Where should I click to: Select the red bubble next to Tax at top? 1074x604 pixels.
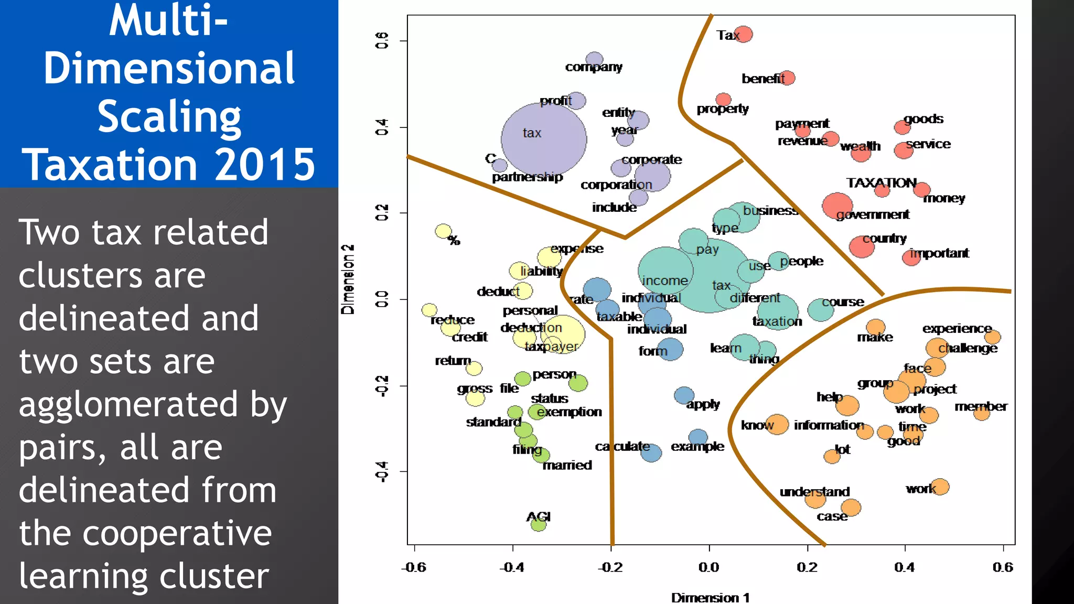pyautogui.click(x=743, y=35)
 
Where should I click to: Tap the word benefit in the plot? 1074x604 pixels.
pyautogui.click(x=762, y=79)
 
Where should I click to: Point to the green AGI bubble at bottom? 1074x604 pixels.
pyautogui.click(x=539, y=524)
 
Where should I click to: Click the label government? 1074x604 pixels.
pyautogui.click(x=873, y=214)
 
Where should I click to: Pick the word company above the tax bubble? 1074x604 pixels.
pyautogui.click(x=594, y=67)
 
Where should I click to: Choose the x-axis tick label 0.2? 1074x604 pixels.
pyautogui.click(x=807, y=567)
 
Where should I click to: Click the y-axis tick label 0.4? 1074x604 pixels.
pyautogui.click(x=382, y=127)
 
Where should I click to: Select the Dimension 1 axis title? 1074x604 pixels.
pyautogui.click(x=710, y=598)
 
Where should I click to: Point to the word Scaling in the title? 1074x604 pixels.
pyautogui.click(x=169, y=116)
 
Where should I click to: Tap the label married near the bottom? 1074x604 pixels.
pyautogui.click(x=567, y=465)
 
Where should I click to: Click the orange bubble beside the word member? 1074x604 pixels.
pyautogui.click(x=981, y=414)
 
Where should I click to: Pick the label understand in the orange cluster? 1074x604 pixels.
pyautogui.click(x=814, y=492)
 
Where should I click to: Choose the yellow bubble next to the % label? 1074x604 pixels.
pyautogui.click(x=444, y=231)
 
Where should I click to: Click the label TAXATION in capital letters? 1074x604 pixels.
pyautogui.click(x=881, y=183)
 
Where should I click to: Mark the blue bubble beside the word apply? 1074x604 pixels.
pyautogui.click(x=684, y=395)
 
